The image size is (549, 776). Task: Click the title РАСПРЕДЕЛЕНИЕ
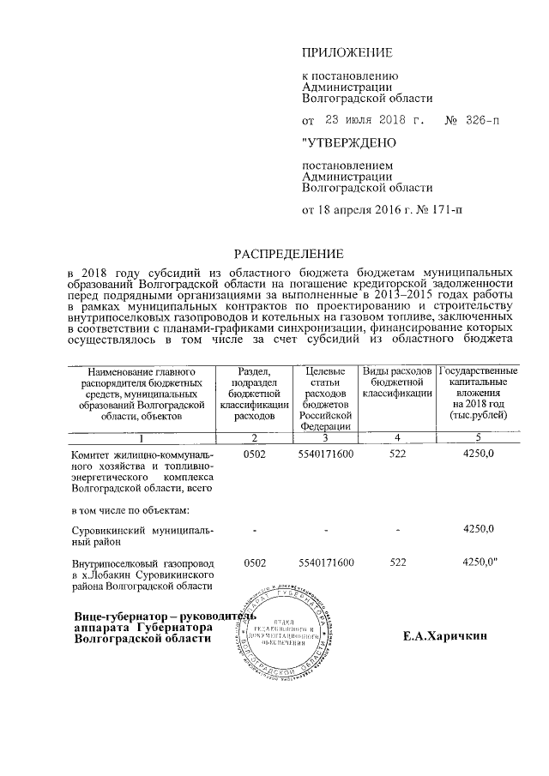point(289,254)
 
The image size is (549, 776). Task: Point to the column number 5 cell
point(478,437)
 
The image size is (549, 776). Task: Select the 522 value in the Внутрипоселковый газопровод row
point(396,562)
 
